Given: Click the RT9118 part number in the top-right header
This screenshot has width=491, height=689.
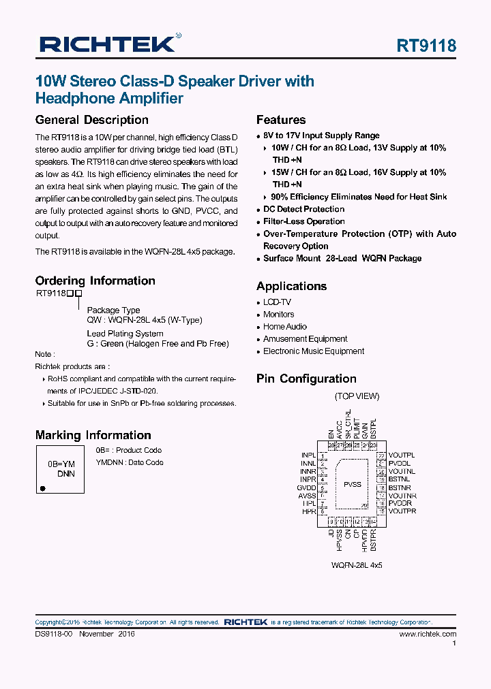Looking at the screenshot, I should (x=426, y=46).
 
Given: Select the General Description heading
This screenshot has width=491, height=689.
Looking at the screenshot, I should (x=91, y=120).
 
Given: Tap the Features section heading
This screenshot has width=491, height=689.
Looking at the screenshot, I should (x=281, y=120).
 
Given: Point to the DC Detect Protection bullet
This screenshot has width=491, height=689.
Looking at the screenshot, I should (x=303, y=209).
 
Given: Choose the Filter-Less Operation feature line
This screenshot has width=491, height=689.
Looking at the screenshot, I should (x=303, y=221).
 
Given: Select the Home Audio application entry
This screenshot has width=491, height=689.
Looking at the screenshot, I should (x=285, y=327).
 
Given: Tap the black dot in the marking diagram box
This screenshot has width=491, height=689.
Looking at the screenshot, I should (x=43, y=488).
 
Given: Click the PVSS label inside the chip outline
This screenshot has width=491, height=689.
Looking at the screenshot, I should (x=353, y=484).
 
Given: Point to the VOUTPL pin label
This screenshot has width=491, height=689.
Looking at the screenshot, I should (x=401, y=455).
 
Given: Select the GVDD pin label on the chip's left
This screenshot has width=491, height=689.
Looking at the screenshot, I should (x=306, y=487).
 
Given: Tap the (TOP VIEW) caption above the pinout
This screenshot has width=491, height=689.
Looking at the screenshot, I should (x=357, y=396).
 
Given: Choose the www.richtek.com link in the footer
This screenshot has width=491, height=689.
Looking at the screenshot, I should (x=428, y=634).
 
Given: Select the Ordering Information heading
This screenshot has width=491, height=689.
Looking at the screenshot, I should (x=95, y=281).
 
